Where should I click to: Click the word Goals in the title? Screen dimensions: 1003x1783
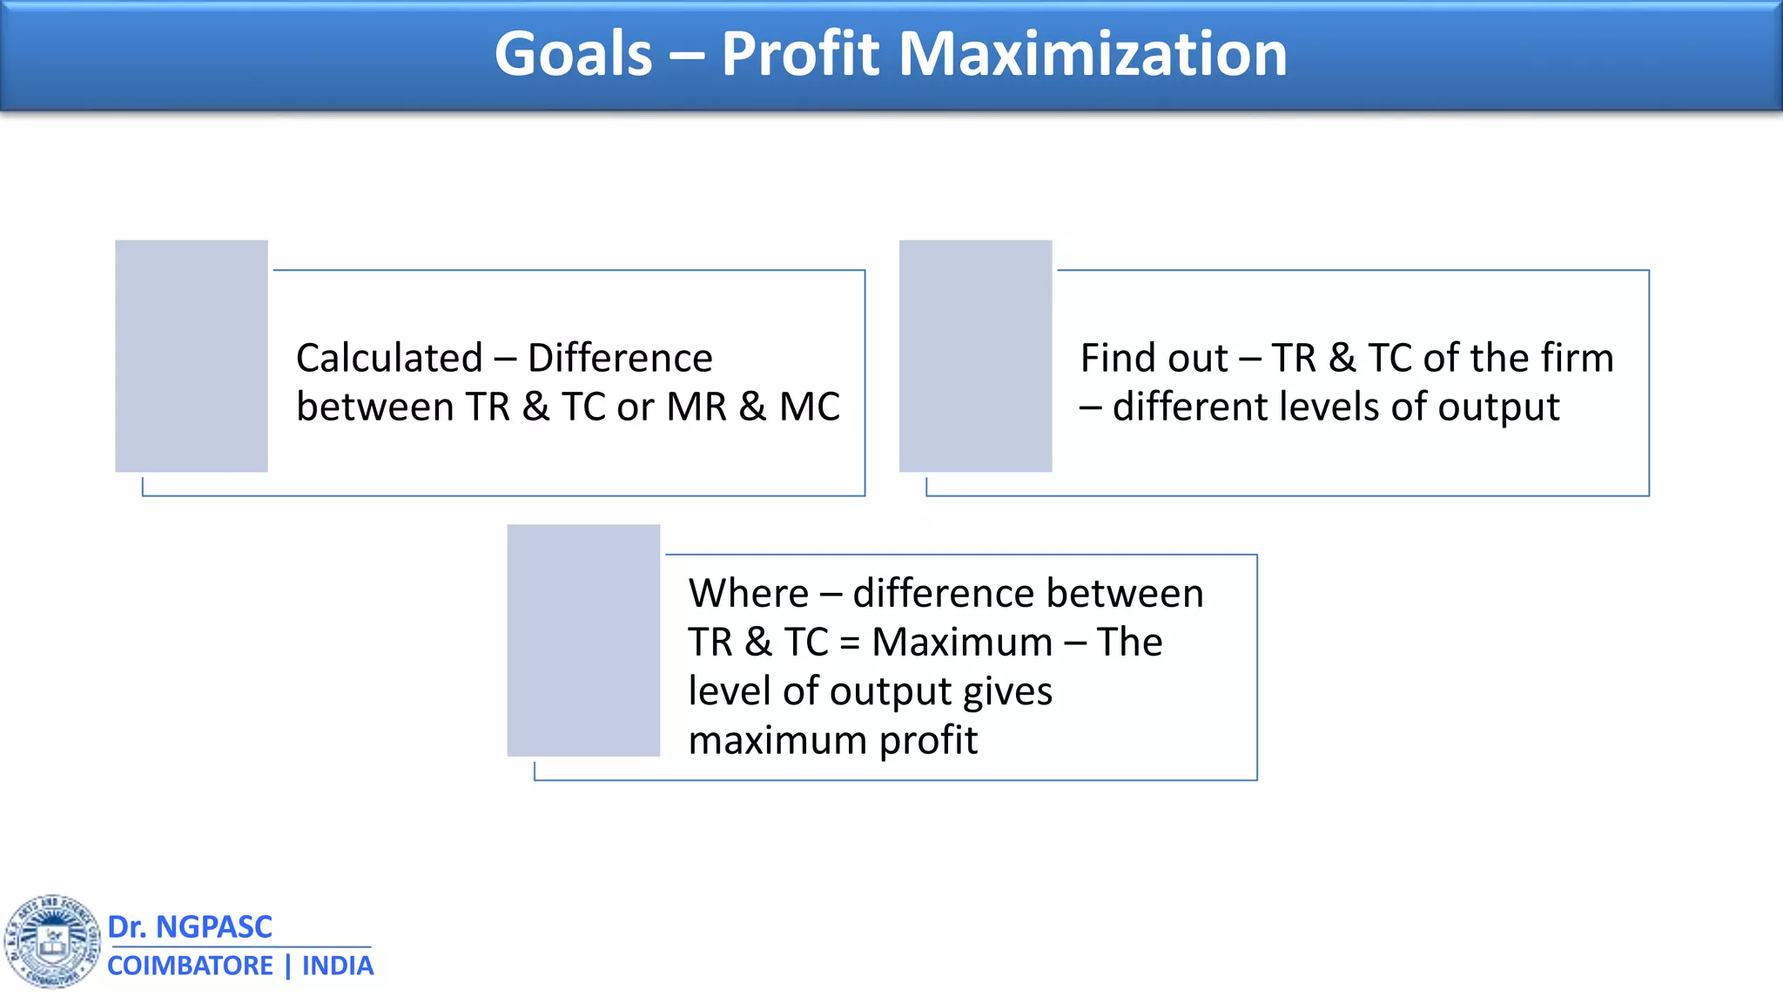573,54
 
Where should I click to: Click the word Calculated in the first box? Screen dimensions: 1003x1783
389,358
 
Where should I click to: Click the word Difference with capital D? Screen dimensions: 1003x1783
620,358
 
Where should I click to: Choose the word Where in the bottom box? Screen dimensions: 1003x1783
748,594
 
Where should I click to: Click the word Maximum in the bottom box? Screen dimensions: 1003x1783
962,643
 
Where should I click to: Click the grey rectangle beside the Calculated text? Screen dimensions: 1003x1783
192,356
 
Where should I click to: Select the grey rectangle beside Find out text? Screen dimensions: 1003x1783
975,356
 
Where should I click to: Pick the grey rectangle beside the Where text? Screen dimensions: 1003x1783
583,640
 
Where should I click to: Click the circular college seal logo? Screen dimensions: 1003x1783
53,942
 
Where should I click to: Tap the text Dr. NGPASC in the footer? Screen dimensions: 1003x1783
190,926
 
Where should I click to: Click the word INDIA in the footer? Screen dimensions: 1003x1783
338,966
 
